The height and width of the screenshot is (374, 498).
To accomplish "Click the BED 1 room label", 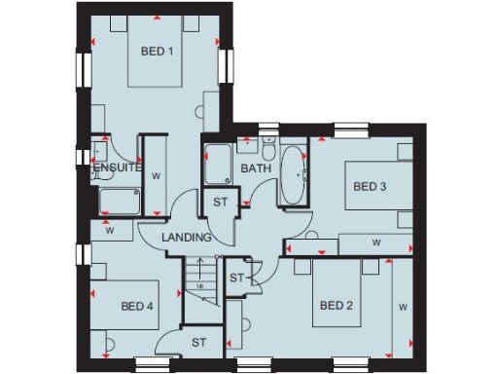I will pos(157,52).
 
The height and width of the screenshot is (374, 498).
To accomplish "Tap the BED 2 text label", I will pos(337,306).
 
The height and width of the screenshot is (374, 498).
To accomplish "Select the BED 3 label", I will pos(370,186).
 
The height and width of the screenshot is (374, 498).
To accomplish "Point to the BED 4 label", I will pos(137,306).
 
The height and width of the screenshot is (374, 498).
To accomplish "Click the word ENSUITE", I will pos(118,168).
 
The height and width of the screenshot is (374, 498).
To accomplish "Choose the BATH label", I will pos(256,168).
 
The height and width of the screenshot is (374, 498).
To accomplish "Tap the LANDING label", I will pos(187,238).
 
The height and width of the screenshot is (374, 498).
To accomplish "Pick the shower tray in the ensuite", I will pos(118,202).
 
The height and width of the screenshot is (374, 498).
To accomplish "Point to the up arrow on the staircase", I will pos(199,274).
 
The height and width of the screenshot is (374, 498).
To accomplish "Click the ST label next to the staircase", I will pos(235,279).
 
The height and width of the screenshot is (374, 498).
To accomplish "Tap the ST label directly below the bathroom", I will pos(221,203).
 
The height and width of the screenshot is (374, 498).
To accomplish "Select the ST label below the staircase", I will pos(198,342).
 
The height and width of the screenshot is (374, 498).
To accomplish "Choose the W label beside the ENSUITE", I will pos(156,176).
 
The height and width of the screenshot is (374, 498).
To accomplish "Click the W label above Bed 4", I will pos(110,232).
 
